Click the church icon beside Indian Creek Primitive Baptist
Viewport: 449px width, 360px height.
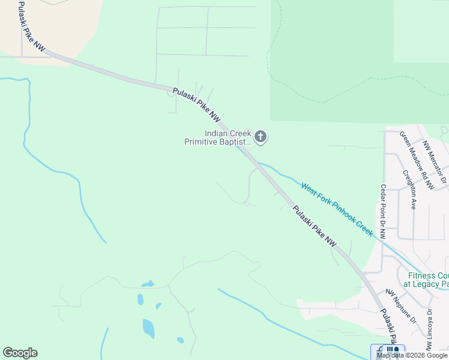click(261, 137)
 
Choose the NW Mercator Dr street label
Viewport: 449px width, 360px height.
click(435, 162)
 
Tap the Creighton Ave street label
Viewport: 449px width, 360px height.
click(410, 189)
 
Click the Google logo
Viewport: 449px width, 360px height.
click(20, 353)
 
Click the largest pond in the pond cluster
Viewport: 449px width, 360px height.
click(148, 328)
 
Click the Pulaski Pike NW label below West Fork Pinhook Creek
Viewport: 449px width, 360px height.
click(315, 226)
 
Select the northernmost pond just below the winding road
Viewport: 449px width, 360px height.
click(148, 284)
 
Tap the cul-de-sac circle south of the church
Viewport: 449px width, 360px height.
click(247, 203)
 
